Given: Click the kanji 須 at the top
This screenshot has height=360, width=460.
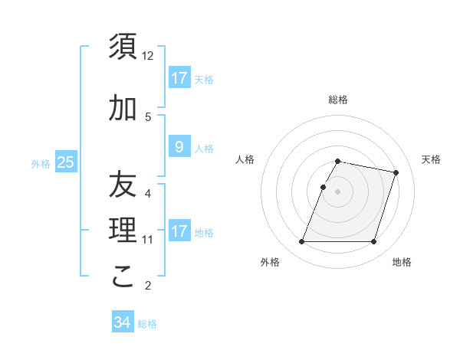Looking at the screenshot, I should point(123,47).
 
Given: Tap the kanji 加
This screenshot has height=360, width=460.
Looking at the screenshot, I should point(123,109).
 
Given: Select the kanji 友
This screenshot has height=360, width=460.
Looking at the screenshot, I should point(123,185).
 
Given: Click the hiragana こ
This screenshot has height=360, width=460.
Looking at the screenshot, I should point(123,277).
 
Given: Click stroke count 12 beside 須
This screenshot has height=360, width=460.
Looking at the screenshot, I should point(148,56).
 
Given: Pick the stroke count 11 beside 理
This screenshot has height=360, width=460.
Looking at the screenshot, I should point(148,240).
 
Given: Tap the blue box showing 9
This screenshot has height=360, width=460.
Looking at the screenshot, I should point(179,147).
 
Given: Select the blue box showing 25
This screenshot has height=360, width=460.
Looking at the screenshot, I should point(65,162).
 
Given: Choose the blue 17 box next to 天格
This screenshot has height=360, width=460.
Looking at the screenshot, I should point(179,78).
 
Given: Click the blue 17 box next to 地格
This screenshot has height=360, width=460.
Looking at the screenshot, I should point(179,231).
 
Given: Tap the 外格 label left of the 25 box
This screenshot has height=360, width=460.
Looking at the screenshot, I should point(41,163).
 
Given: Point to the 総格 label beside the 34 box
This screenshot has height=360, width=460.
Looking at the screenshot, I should point(147,324).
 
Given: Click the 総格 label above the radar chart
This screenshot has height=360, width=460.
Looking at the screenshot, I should point(338,100).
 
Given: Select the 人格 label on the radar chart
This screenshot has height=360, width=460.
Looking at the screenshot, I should point(245,159).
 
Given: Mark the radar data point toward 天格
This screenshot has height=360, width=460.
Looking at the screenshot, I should point(396,173).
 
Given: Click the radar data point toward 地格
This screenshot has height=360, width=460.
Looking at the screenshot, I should point(373,242).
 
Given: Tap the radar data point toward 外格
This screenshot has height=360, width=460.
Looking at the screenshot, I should point(301,242).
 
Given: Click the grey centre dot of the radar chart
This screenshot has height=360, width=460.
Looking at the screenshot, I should point(337,191).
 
